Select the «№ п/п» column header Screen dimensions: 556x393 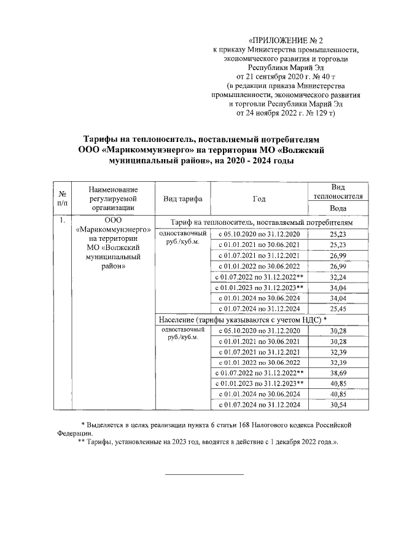tap(62, 198)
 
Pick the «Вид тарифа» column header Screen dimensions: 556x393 tap(182, 198)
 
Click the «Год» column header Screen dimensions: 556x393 tap(259, 198)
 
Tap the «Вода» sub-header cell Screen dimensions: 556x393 tap(338, 208)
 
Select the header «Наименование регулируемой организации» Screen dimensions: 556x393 tap(113, 198)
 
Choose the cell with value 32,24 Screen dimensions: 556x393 tap(338, 276)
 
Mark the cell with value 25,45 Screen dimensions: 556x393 tap(338, 308)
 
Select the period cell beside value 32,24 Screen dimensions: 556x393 tap(259, 276)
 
